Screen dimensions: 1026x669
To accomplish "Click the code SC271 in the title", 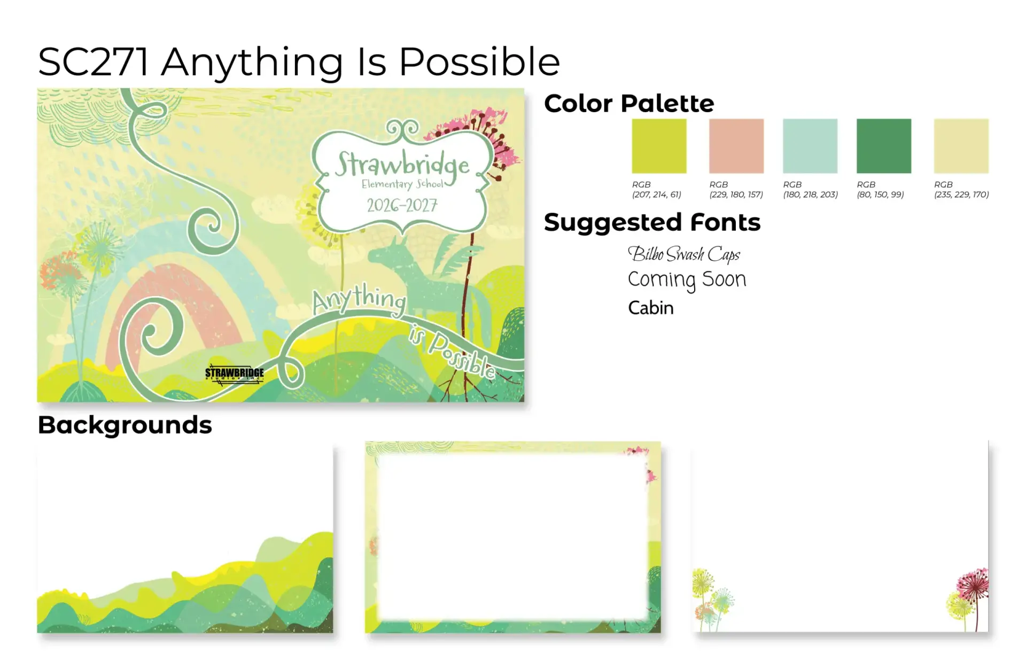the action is coord(94,62).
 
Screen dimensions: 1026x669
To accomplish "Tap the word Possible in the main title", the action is coord(479,62).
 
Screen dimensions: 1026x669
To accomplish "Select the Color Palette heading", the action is coord(629,104).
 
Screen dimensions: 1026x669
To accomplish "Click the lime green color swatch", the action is coord(659,146).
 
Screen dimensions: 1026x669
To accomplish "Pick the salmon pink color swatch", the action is coord(736,146).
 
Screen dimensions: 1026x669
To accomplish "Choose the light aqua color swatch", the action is coord(810,146).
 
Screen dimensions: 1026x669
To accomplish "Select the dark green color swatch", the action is coord(884,146).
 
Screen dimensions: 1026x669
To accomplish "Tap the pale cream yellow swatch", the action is coord(961,146).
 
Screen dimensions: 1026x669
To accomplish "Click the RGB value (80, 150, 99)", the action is coord(880,195).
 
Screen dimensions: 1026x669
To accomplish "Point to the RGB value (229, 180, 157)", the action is coord(736,195).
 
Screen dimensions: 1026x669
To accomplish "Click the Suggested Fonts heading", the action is coord(652,223).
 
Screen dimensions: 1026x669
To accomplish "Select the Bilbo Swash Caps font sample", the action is coord(684,254).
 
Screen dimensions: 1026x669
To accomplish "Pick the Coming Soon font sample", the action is coord(687,280).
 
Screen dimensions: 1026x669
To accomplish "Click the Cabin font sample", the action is coord(650,308).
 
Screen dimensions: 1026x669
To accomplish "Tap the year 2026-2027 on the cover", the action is coord(402,205).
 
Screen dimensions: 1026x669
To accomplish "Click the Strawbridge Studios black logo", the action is coord(235,374).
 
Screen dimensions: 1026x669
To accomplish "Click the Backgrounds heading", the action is coord(125,426).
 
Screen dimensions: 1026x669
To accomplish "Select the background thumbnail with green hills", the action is coord(185,537).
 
